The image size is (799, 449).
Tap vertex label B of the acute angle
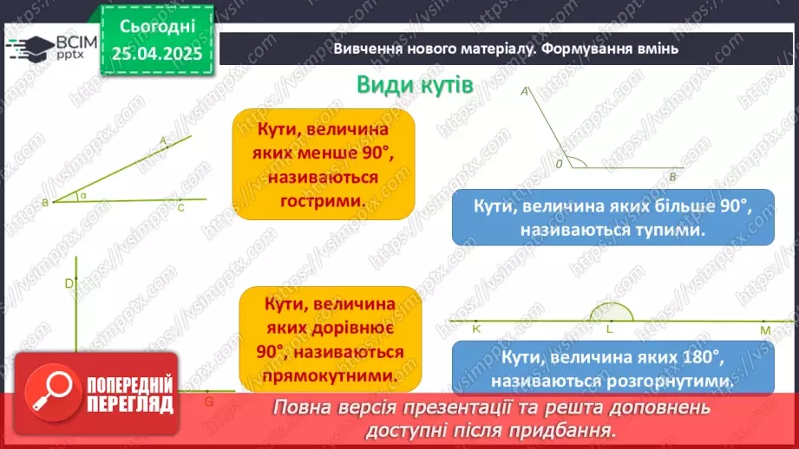pos(44,203)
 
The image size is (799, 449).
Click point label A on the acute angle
pos(163,140)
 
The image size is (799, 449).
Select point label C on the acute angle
pos(180,208)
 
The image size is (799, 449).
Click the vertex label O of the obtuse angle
pos(559,163)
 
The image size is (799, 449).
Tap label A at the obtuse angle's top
pos(525,90)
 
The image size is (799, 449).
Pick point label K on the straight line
pos(476,329)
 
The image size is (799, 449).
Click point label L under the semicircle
pos(609,329)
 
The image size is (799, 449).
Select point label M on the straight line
pos(765,330)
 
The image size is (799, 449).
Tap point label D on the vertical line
pos(69,283)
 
